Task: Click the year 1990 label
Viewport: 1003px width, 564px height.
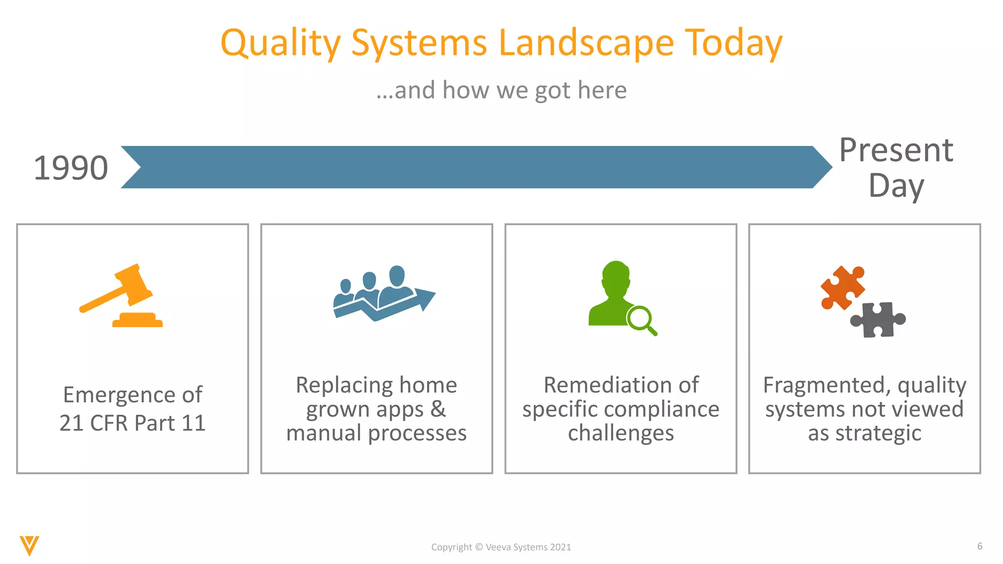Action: tap(71, 168)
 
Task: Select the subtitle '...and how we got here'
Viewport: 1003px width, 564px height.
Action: tap(501, 90)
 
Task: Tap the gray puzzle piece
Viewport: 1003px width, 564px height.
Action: tap(878, 320)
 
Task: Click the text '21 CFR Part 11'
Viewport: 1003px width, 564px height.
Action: tap(132, 423)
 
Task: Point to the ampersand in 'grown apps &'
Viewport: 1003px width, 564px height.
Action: tap(438, 409)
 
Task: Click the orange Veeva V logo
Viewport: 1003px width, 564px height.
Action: tap(29, 545)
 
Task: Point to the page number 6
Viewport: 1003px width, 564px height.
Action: tap(979, 546)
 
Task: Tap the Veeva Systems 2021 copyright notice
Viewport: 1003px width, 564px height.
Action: tap(501, 547)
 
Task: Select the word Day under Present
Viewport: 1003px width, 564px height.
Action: tap(896, 186)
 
